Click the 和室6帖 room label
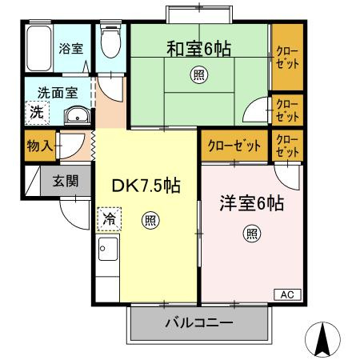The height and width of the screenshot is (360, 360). (x=198, y=50)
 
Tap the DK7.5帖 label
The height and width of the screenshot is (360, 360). (x=145, y=186)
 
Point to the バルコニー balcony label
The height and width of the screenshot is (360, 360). (x=198, y=325)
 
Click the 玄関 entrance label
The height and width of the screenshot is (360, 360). (x=66, y=182)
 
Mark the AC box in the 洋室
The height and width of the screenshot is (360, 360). (x=287, y=295)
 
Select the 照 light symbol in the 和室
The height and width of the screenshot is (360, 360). (x=198, y=76)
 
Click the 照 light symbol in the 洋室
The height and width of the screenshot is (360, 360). (x=251, y=234)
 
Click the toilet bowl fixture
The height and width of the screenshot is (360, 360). (x=109, y=43)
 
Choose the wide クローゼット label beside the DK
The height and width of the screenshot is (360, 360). (x=234, y=146)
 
